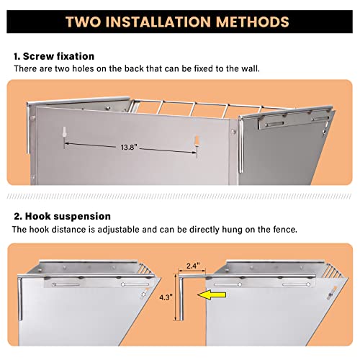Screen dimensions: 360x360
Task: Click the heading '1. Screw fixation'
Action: pyautogui.click(x=53, y=55)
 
